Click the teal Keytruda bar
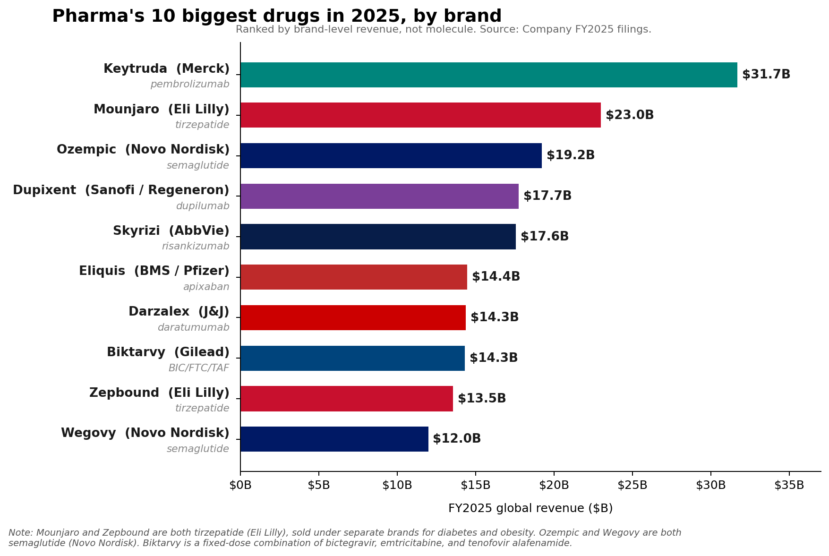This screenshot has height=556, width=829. coord(488,75)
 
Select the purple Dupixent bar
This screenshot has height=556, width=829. coord(379,196)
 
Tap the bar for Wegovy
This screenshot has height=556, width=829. coord(334,439)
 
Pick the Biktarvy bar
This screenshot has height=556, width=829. coord(352,358)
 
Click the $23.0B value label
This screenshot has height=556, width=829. coord(629,115)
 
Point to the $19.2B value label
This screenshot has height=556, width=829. coord(570,155)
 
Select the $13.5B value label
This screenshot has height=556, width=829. coord(481,399)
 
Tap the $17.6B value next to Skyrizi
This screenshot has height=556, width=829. coord(544,237)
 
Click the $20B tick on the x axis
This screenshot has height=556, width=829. coord(554,485)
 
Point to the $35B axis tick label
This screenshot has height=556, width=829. coord(789,485)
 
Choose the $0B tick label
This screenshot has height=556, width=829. coord(240,485)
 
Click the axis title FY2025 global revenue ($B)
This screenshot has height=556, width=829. coord(530,508)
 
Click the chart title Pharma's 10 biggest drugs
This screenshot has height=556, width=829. coord(276,17)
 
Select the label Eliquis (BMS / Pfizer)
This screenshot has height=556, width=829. coord(154,271)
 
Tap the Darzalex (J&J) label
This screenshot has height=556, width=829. coord(179,312)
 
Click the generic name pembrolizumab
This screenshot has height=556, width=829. coord(189,85)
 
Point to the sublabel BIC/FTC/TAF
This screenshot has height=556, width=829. coord(198,368)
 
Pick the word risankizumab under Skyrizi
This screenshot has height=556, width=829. coord(195,247)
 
